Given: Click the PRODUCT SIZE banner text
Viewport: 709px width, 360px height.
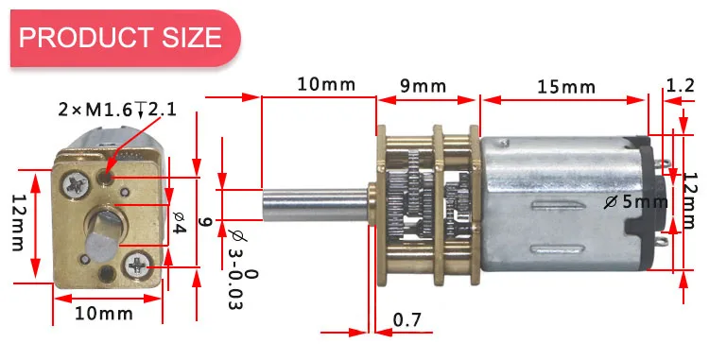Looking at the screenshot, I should [120, 38].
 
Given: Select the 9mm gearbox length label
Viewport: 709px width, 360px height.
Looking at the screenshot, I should [423, 86].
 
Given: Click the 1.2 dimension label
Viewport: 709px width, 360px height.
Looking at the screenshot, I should [680, 84].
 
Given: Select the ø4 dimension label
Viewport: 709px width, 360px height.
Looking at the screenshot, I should [179, 222].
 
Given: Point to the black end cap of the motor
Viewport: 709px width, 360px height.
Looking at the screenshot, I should [652, 203].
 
